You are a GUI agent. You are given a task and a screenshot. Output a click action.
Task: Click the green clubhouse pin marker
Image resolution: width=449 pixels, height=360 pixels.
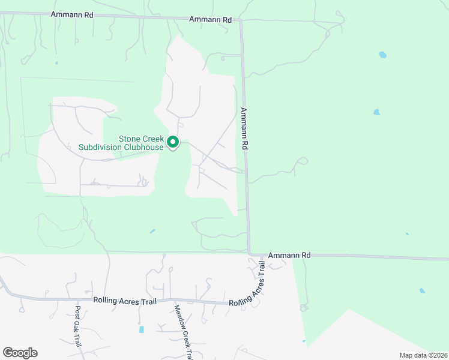coord(173,142)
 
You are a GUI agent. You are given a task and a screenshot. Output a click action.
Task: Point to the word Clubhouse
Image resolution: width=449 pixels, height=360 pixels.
coord(143,147)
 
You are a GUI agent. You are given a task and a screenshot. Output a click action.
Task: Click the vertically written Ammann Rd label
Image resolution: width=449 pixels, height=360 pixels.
coord(245,128)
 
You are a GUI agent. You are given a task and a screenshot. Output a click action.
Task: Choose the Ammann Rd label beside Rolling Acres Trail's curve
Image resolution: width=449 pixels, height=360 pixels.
coord(289,256)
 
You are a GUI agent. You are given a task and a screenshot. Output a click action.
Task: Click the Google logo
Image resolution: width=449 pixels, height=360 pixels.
coord(20,353)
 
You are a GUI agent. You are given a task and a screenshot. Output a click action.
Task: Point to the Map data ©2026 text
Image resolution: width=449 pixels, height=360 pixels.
coord(423,355)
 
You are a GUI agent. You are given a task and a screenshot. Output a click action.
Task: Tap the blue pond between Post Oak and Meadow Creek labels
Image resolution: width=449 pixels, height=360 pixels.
coord(142,329)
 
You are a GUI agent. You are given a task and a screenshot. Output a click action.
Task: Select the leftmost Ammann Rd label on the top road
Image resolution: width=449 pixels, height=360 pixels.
coord(72,14)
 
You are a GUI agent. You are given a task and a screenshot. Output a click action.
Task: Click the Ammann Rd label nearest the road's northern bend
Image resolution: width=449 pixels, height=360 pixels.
coord(210,20)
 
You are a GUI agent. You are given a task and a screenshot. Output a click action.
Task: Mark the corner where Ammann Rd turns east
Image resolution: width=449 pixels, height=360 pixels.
coord(249,253)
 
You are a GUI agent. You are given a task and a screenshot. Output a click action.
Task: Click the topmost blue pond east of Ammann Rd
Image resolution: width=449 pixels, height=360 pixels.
coord(382,55)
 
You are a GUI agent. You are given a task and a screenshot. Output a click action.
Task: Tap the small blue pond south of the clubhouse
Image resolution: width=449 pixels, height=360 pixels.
coord(152,231)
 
